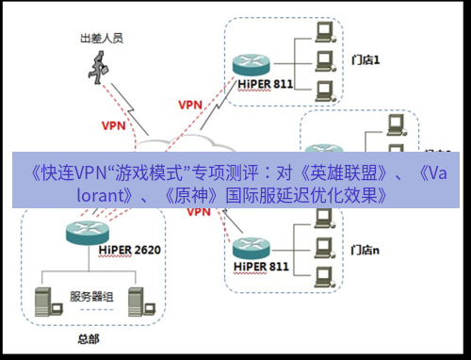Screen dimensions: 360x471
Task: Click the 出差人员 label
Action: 101,40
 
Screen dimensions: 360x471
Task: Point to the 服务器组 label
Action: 90,296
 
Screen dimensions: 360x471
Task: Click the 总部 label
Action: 86,336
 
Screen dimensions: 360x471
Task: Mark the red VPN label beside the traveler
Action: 114,123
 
